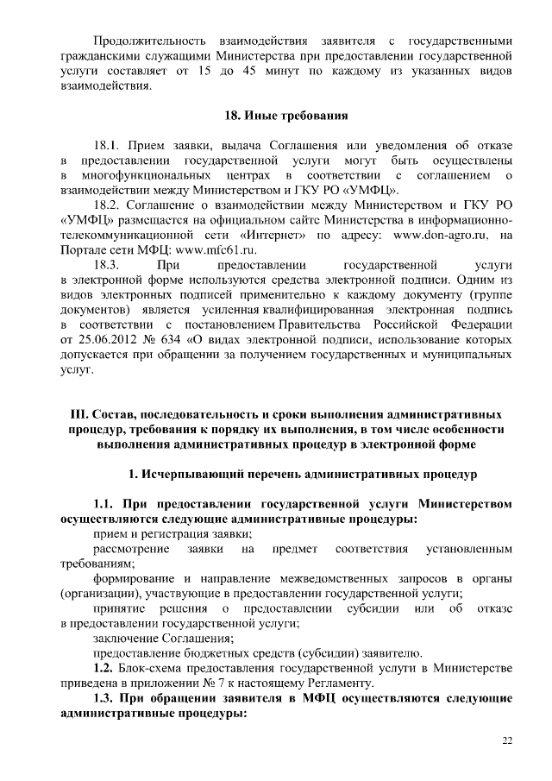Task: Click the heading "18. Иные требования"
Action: pyautogui.click(x=275, y=115)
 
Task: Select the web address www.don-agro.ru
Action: pyautogui.click(x=442, y=234)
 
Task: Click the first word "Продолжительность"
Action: pyautogui.click(x=148, y=41)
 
